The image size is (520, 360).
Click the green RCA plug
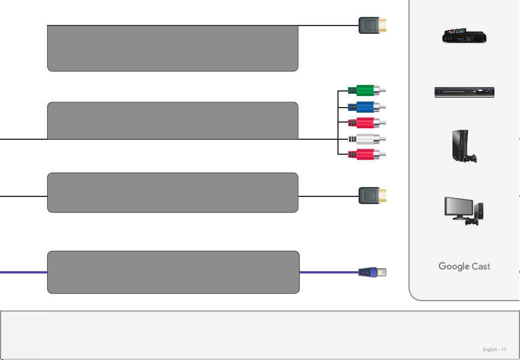tap(367, 90)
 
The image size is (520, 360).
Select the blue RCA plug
tap(367, 107)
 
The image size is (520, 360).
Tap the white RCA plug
tap(367, 139)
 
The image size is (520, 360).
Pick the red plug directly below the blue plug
tap(367, 123)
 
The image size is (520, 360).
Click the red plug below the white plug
tap(367, 154)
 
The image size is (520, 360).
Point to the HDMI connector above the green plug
tap(372, 25)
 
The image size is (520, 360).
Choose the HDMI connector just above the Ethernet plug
tap(372, 195)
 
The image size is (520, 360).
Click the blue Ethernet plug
tap(372, 272)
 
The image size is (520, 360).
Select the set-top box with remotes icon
tap(465, 36)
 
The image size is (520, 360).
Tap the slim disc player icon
tap(465, 92)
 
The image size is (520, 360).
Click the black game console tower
tap(460, 145)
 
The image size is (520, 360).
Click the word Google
tap(453, 266)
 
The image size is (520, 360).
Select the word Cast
tap(481, 266)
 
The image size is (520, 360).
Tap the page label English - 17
tap(494, 349)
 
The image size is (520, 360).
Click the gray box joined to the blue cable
tap(174, 272)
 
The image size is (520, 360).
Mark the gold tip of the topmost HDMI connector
tap(382, 25)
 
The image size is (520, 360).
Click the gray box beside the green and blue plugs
tap(173, 121)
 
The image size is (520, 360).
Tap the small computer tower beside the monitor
tap(479, 211)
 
